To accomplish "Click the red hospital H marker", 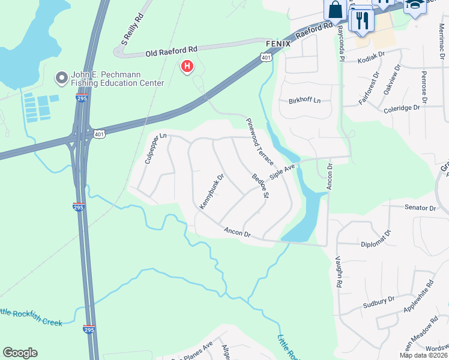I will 187,66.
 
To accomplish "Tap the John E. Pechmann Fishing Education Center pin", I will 61,78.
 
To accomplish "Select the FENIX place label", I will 278,44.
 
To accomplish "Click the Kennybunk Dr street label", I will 211,191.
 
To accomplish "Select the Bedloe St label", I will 261,186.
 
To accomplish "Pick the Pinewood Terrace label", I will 260,142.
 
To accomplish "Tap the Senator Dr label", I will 420,208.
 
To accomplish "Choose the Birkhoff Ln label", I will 305,100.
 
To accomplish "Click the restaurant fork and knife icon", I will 361,21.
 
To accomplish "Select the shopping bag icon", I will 335,10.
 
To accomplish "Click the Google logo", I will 20,353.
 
